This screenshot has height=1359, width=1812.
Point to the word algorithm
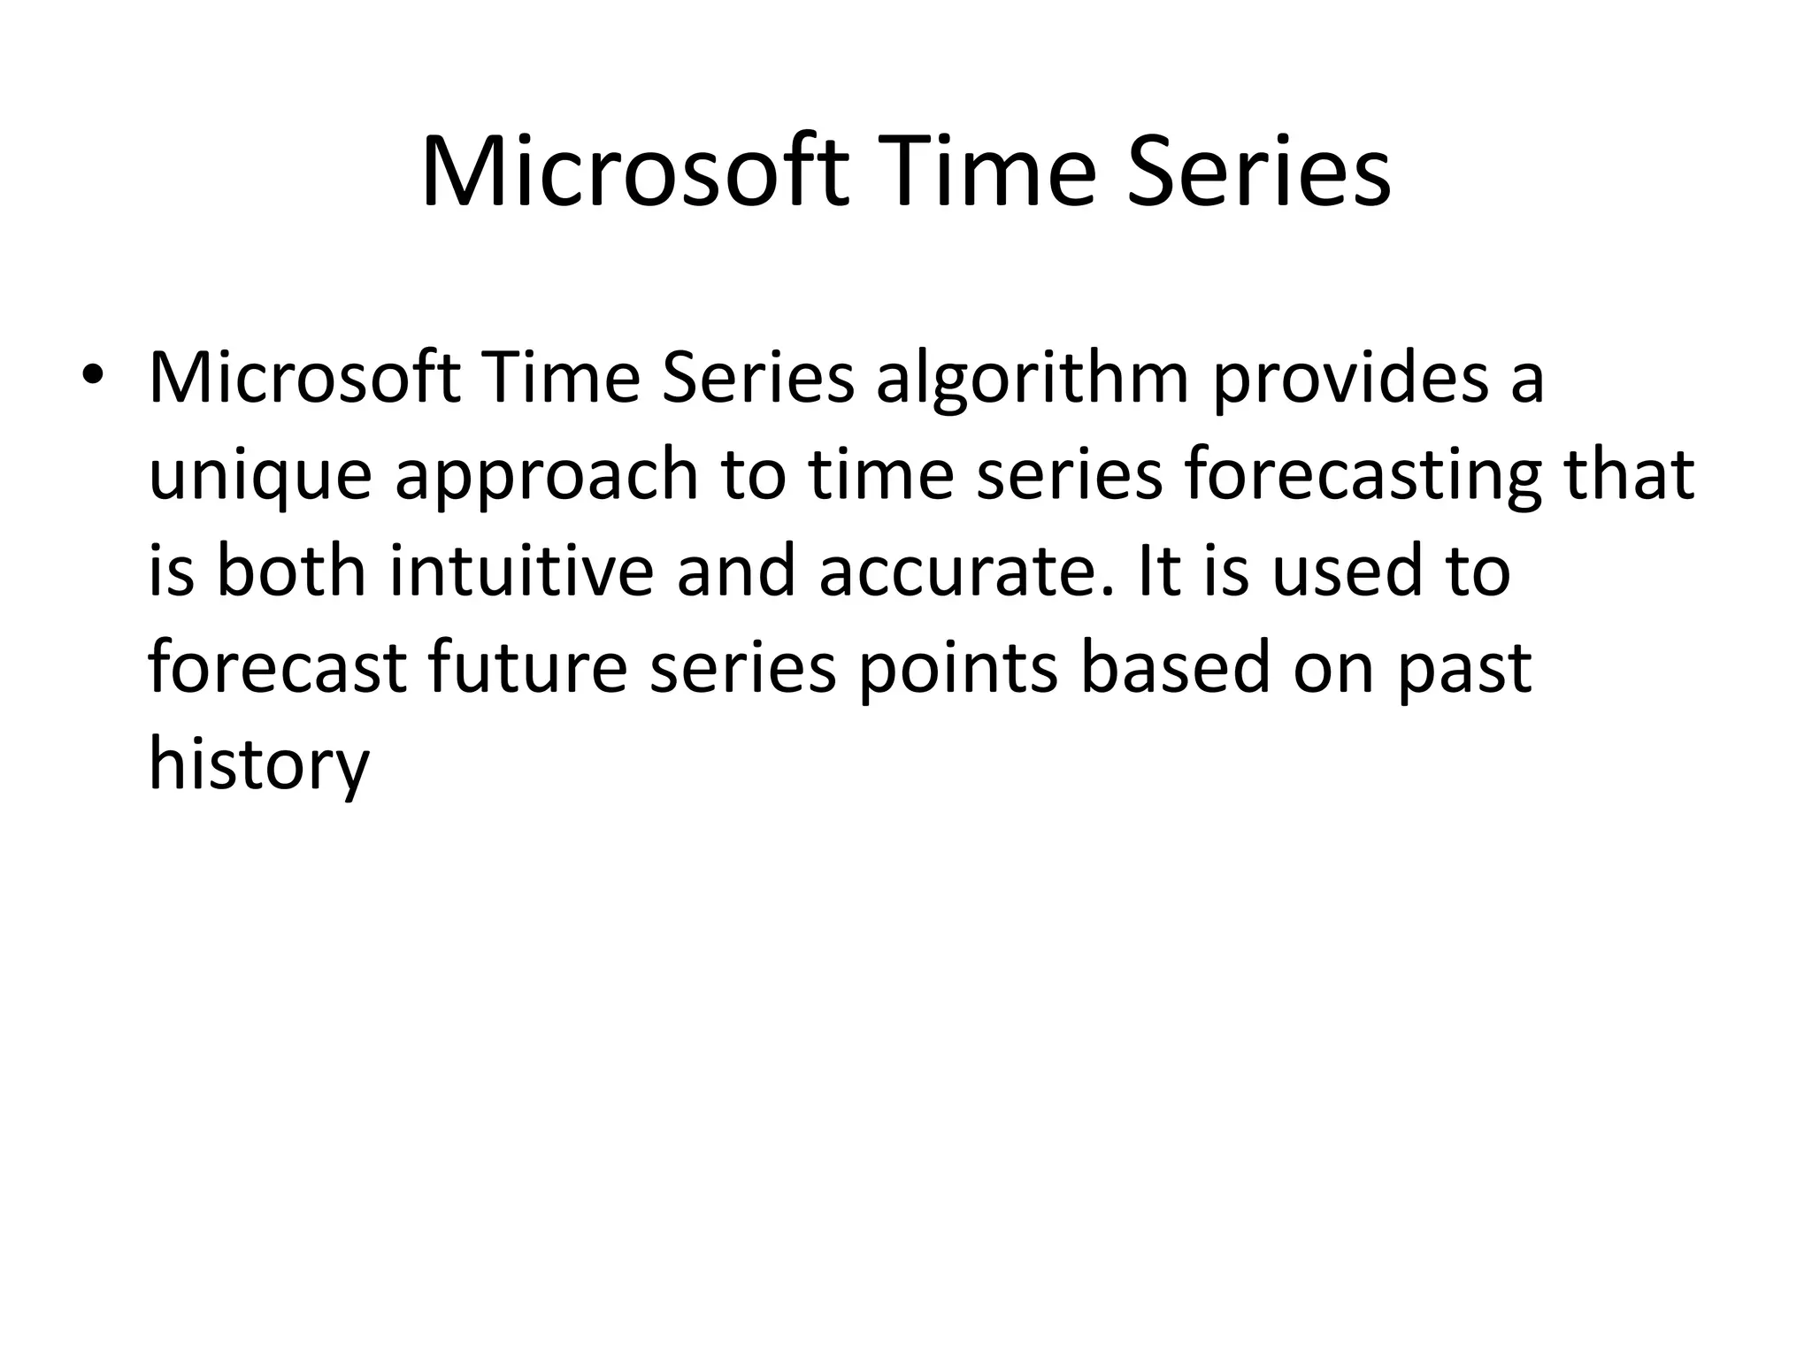[1032, 379]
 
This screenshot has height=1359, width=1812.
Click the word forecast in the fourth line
[277, 668]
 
